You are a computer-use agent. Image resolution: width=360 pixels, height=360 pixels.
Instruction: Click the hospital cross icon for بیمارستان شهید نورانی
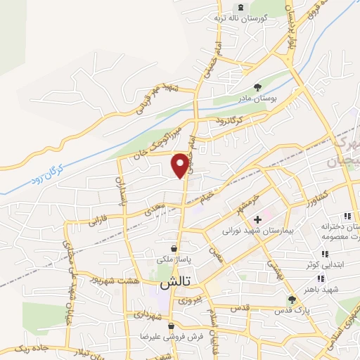(257, 220)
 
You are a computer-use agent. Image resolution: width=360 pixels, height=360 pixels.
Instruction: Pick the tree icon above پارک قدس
(292, 300)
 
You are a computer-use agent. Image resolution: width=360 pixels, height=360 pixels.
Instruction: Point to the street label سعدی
(151, 209)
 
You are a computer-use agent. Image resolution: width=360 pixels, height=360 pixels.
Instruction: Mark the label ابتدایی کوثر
(324, 264)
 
